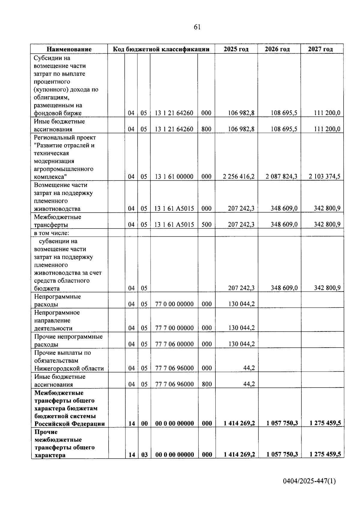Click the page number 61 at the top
click(197, 27)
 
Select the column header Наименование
click(69, 49)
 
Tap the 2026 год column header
click(277, 49)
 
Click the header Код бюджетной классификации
click(161, 49)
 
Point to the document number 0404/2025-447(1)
click(309, 481)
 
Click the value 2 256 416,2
click(238, 176)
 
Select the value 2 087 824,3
click(281, 176)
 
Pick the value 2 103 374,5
click(325, 176)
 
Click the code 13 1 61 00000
click(174, 177)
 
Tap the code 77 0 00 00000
click(174, 304)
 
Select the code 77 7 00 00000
click(174, 328)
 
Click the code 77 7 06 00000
click(174, 344)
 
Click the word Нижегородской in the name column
click(56, 369)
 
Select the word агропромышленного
click(64, 169)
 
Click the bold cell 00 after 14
click(145, 424)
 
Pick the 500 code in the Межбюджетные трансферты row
click(206, 224)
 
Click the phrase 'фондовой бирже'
click(58, 113)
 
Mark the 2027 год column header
click(320, 49)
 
